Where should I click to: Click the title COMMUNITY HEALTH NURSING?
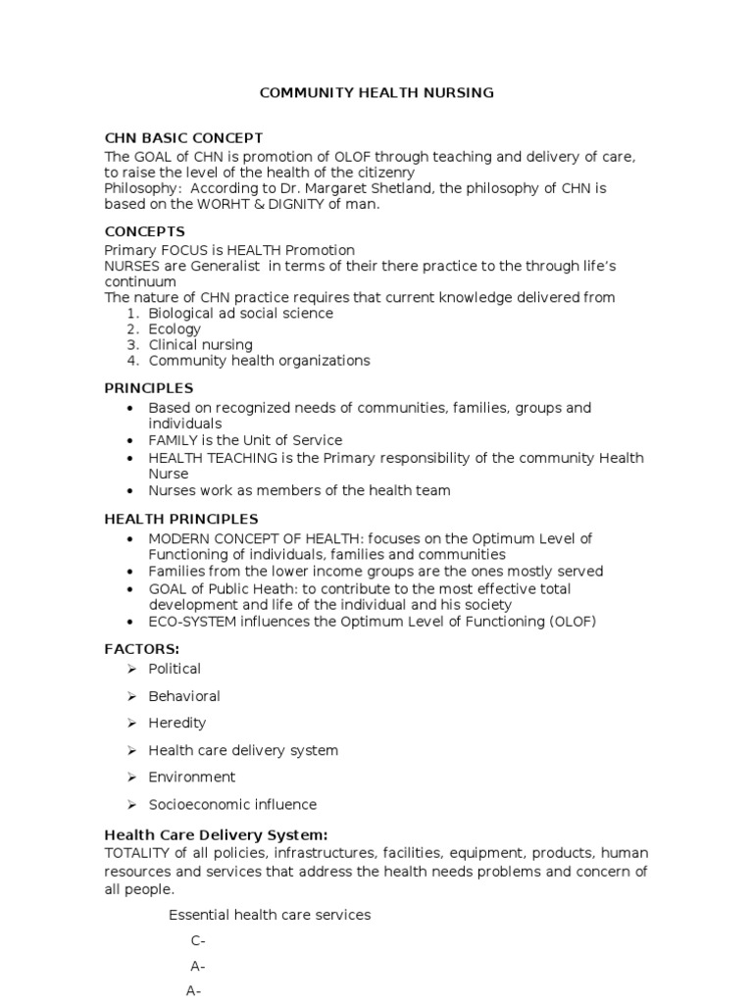(376, 93)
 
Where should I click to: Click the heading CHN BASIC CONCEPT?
(183, 138)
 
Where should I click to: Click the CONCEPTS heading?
(144, 231)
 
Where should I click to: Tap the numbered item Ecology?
(175, 329)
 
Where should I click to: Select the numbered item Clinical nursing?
(200, 345)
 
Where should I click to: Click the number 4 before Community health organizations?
(132, 361)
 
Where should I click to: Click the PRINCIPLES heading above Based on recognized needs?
(149, 388)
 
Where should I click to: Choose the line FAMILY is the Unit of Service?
(245, 440)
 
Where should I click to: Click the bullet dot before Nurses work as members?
(130, 491)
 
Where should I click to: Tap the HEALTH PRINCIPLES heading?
(181, 519)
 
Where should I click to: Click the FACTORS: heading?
(142, 649)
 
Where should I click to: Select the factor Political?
(175, 669)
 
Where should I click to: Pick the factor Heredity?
(176, 723)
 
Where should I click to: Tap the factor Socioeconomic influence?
(232, 805)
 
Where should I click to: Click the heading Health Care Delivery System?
(216, 835)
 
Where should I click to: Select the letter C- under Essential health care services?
(197, 941)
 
